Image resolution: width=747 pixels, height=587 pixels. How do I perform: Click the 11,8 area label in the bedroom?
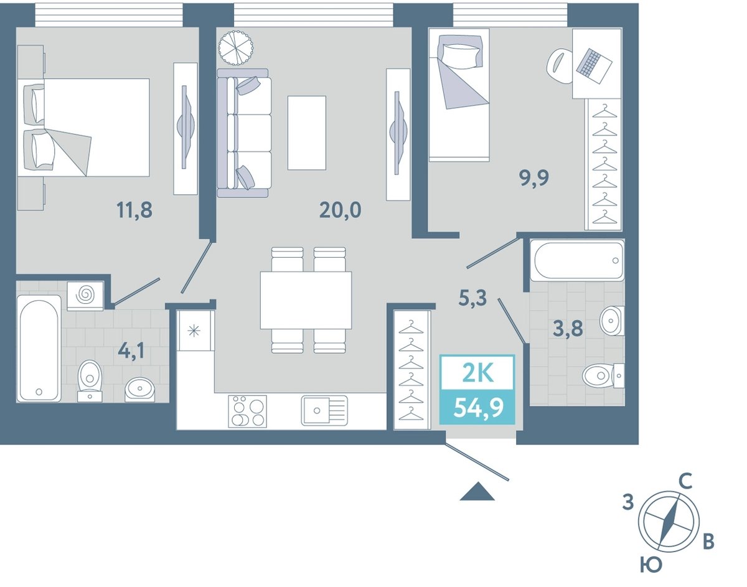(134, 210)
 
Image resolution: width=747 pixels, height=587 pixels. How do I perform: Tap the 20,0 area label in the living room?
(340, 210)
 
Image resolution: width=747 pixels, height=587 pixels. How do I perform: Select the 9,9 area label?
(534, 179)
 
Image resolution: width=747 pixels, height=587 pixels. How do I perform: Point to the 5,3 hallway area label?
(472, 298)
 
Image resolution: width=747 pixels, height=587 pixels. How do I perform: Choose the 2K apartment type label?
(478, 373)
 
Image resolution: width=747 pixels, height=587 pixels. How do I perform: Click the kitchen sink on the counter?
(324, 410)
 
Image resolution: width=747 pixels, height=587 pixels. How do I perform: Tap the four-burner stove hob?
(248, 411)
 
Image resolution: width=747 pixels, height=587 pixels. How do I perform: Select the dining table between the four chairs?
(306, 300)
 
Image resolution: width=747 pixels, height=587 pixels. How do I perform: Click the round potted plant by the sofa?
(236, 47)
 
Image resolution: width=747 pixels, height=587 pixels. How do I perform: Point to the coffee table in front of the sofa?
(307, 133)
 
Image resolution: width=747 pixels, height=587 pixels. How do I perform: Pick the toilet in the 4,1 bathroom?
(90, 381)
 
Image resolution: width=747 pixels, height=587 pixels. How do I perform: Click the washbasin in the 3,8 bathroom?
(612, 321)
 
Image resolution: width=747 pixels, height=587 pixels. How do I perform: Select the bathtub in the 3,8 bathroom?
(577, 260)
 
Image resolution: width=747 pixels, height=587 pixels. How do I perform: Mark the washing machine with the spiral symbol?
(85, 296)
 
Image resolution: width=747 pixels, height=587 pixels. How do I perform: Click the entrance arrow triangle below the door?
(477, 492)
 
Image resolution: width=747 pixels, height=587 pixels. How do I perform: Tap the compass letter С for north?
(686, 482)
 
